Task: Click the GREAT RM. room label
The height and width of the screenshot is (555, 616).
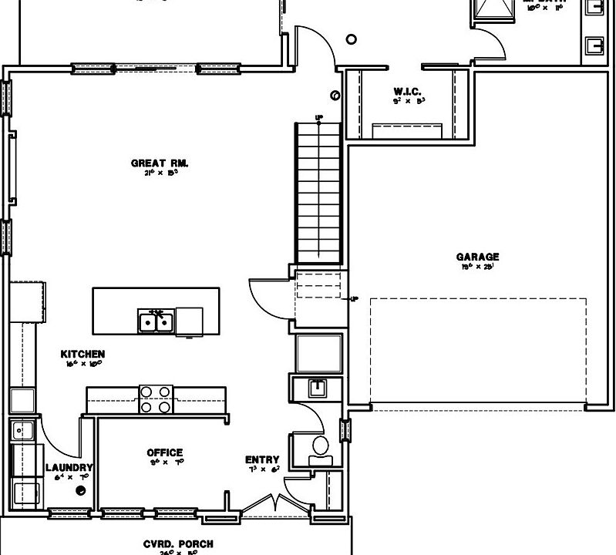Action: pyautogui.click(x=160, y=163)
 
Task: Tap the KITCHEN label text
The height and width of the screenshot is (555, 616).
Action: pyautogui.click(x=82, y=354)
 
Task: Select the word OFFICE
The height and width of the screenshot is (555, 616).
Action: pyautogui.click(x=164, y=452)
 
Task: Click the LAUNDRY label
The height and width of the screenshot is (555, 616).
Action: pyautogui.click(x=69, y=467)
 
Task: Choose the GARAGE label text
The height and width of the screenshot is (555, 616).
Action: pyautogui.click(x=477, y=257)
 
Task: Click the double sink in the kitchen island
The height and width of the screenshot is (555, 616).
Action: pyautogui.click(x=156, y=320)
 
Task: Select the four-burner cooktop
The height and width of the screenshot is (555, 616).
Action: pyautogui.click(x=156, y=399)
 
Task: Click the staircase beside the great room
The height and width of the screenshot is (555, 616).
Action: pyautogui.click(x=318, y=193)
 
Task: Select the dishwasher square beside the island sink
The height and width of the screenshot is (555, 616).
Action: pyautogui.click(x=189, y=320)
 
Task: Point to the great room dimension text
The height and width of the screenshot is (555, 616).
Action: pyautogui.click(x=160, y=173)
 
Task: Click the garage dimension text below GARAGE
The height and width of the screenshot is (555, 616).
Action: pyautogui.click(x=477, y=267)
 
